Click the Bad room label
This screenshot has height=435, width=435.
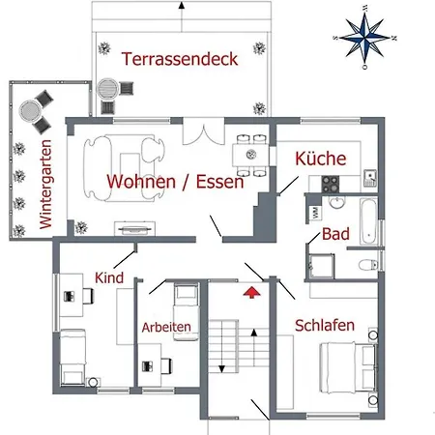335,234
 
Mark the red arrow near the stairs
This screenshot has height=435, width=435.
253,289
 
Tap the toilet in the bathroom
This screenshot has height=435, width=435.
365,264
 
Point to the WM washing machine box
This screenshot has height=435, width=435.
314,210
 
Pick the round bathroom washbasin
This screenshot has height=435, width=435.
334,201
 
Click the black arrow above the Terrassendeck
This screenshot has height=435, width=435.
181,6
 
